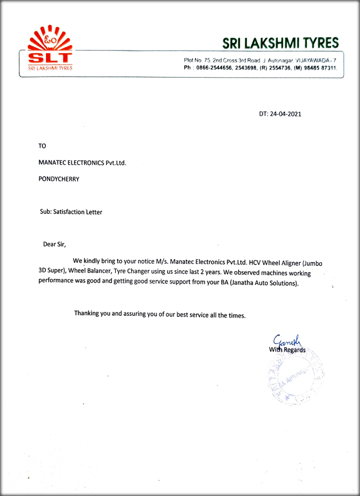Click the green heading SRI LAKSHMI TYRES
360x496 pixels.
point(280,42)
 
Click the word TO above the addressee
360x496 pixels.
point(42,147)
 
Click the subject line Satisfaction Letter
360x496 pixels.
point(78,211)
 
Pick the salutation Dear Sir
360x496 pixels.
point(55,243)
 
